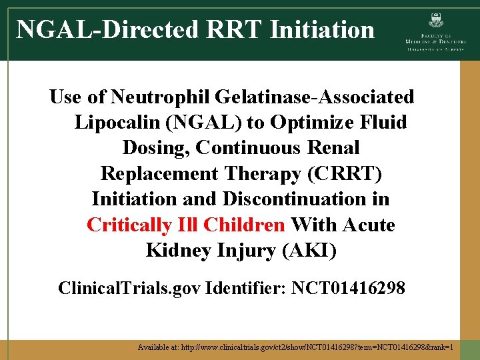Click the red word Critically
tap(129, 225)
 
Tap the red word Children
tap(243, 225)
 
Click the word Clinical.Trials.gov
tap(129, 288)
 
